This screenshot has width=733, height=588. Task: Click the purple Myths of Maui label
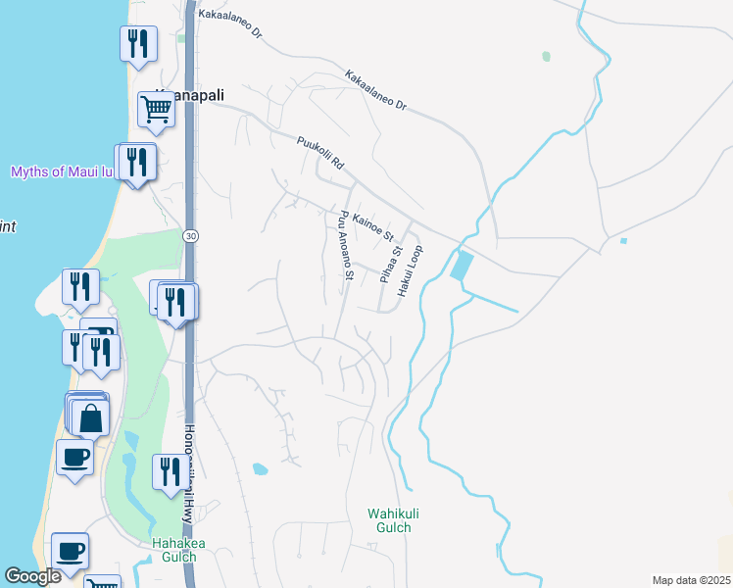tap(60, 172)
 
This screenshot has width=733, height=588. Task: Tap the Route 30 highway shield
tap(189, 236)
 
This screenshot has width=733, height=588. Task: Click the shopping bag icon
tap(90, 417)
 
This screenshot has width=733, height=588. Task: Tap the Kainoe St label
tap(372, 226)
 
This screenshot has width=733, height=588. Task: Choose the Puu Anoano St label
tap(344, 244)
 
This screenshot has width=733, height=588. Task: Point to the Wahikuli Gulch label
tap(389, 520)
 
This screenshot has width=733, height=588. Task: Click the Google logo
tap(32, 576)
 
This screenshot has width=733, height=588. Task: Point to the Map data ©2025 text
tap(691, 580)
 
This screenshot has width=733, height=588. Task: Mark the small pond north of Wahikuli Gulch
tap(260, 468)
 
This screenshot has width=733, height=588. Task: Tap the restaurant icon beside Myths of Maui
tap(136, 162)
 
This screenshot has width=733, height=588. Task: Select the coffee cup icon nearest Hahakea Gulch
tap(70, 550)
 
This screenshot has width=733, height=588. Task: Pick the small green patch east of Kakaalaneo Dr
tap(546, 57)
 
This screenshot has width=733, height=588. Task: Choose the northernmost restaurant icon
tap(137, 43)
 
